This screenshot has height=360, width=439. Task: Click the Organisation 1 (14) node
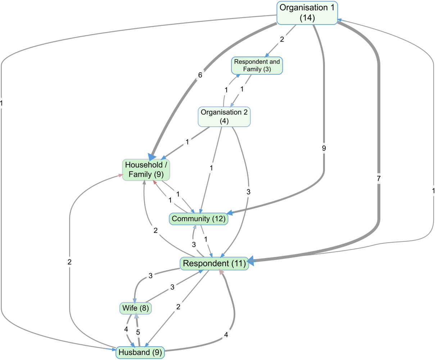[x=307, y=13]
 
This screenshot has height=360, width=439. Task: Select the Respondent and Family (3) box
[x=257, y=65]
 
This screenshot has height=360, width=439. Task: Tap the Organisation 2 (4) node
[x=224, y=117]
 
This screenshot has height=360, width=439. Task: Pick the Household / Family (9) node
[x=146, y=170]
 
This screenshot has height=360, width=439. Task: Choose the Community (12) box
[x=199, y=219]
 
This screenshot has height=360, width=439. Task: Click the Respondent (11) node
[x=214, y=264]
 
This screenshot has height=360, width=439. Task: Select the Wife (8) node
[x=135, y=308]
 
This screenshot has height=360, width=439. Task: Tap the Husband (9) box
[x=140, y=352]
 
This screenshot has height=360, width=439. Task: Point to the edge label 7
[x=379, y=178]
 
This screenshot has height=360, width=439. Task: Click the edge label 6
[x=200, y=75]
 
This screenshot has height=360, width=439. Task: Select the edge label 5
[x=138, y=332]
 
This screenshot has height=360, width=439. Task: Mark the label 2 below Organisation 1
[x=282, y=40]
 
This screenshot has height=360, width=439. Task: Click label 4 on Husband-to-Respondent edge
[x=226, y=335]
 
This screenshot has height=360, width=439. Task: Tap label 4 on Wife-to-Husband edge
[x=126, y=329]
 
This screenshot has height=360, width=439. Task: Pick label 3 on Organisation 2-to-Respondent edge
[x=248, y=192]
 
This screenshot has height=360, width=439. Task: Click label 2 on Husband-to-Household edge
[x=69, y=262]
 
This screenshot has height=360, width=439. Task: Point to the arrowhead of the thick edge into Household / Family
[x=152, y=157]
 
